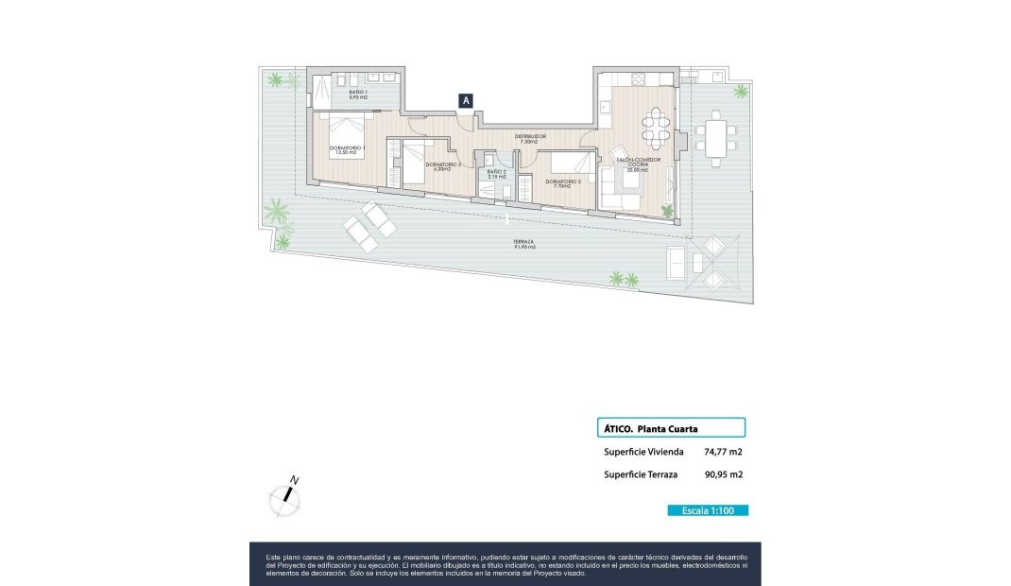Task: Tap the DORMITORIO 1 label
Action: click(x=348, y=150)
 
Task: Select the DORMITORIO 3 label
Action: click(x=443, y=166)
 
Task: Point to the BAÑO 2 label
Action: click(x=497, y=174)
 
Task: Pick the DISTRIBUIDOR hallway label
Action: click(x=530, y=138)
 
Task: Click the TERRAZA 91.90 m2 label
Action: click(x=525, y=244)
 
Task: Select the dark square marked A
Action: click(x=466, y=99)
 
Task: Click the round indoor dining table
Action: click(x=657, y=121)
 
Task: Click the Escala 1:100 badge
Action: click(x=708, y=510)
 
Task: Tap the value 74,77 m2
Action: click(x=724, y=452)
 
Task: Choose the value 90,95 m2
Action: click(x=724, y=475)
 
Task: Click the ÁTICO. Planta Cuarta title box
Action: click(x=672, y=428)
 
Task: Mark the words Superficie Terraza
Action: click(x=641, y=475)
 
